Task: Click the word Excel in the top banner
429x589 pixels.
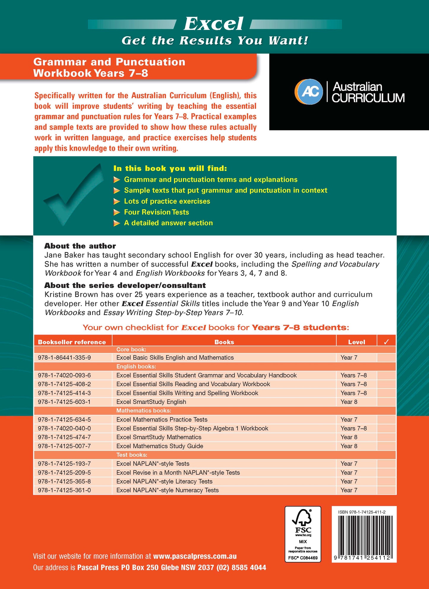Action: point(213,24)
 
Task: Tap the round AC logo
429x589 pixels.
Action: point(309,92)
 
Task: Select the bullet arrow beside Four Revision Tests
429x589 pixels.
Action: point(117,212)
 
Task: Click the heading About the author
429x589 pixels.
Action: point(80,246)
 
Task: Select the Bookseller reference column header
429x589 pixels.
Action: point(72,342)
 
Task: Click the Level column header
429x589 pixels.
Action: point(356,342)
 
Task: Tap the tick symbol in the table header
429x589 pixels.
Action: point(386,342)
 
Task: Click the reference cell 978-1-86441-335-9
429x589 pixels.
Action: point(64,358)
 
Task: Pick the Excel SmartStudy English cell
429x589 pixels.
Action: point(151,402)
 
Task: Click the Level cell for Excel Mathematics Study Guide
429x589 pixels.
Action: point(349,446)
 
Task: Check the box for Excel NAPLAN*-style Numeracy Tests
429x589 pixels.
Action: point(386,490)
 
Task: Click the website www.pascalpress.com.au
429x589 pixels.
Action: point(195,556)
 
